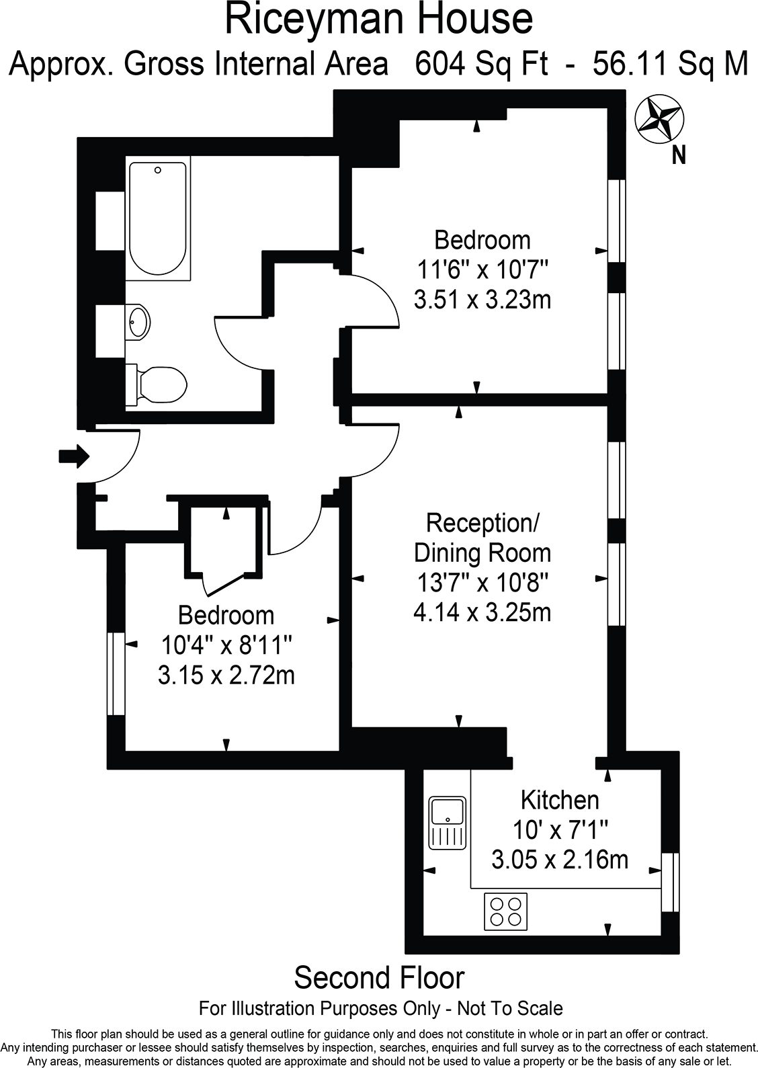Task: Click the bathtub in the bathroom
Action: coord(157,218)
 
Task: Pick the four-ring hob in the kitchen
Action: coord(505,911)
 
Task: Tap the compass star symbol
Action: coord(658,119)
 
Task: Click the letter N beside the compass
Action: coord(679,156)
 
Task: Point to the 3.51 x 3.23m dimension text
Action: coord(482,299)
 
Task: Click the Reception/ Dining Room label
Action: coord(482,537)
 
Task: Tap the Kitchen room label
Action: coord(560,800)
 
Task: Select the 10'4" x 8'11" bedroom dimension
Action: coord(226,645)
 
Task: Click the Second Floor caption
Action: coord(379,978)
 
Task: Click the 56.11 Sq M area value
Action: coord(670,65)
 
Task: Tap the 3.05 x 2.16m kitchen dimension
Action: coord(560,859)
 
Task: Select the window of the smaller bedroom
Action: coord(116,673)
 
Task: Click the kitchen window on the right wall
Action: coord(670,882)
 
